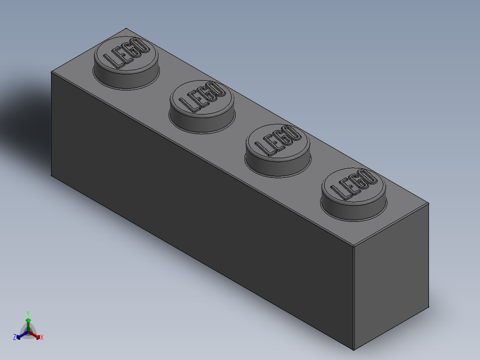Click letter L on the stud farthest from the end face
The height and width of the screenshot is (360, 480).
(x=110, y=61)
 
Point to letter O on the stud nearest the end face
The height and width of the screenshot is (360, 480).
(x=368, y=178)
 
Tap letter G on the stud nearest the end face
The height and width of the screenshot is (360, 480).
(x=358, y=183)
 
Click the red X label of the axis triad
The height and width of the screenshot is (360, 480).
(x=42, y=338)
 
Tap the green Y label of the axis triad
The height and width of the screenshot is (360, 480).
(x=28, y=313)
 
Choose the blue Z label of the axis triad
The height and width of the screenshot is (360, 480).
(x=14, y=337)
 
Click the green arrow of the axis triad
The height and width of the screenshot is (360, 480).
(x=28, y=323)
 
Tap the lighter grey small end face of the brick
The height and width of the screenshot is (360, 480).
(x=391, y=276)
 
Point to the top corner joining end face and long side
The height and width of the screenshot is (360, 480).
(x=353, y=246)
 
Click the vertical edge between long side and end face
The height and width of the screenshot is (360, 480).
(x=354, y=299)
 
